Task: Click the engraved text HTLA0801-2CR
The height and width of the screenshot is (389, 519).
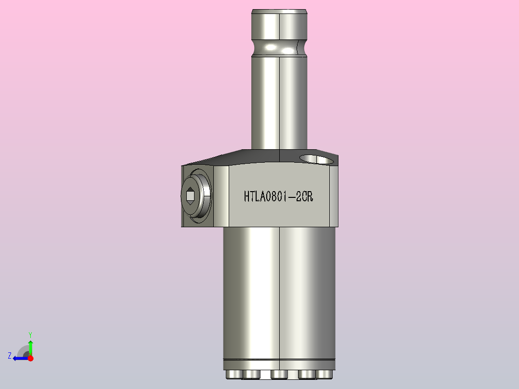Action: click(279, 196)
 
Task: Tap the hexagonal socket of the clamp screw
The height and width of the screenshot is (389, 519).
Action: click(190, 195)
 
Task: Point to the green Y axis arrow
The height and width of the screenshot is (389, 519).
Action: click(30, 346)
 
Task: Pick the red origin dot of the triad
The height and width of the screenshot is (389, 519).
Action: click(30, 358)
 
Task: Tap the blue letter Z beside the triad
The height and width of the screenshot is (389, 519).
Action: click(10, 356)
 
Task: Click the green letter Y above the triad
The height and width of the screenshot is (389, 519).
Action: click(30, 334)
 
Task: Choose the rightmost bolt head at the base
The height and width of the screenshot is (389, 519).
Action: click(325, 375)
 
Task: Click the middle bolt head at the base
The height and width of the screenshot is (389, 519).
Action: click(279, 375)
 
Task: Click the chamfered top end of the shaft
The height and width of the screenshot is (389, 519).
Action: click(279, 11)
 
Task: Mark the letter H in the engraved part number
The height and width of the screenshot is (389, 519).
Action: click(247, 196)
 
